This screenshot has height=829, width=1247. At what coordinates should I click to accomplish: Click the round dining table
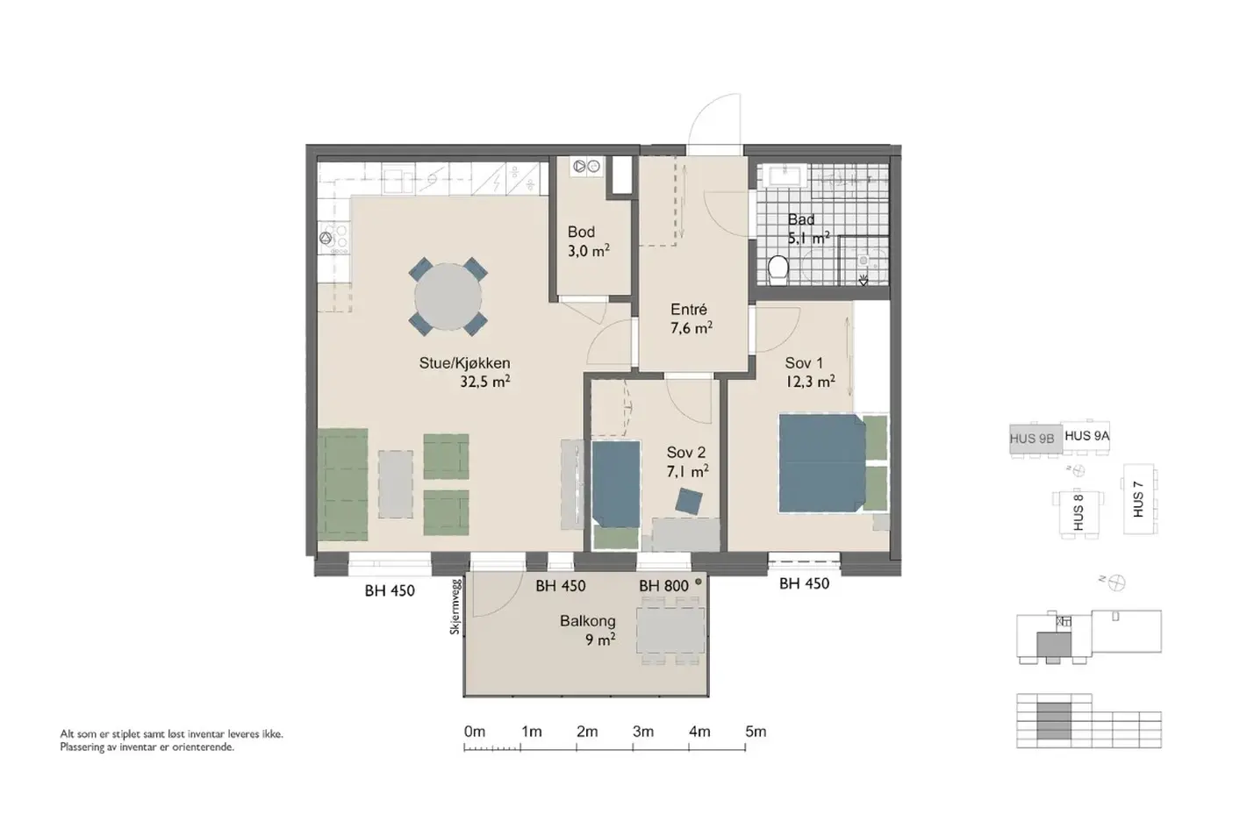(x=448, y=297)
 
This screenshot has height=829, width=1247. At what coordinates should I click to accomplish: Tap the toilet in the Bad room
(x=778, y=270)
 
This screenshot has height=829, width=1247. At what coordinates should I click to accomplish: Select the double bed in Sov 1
(x=822, y=463)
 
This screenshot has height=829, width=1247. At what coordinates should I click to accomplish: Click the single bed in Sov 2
(x=615, y=483)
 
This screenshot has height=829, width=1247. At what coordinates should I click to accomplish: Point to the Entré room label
(x=689, y=310)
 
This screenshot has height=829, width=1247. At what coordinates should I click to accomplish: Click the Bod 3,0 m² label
(x=589, y=241)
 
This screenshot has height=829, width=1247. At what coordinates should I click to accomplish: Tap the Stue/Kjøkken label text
(x=464, y=363)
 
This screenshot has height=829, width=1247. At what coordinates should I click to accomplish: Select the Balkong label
(x=587, y=620)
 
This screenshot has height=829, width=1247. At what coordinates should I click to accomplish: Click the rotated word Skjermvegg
(x=455, y=607)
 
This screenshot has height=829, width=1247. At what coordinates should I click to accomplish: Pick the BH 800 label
(x=663, y=586)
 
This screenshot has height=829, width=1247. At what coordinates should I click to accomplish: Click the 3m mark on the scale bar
(x=633, y=748)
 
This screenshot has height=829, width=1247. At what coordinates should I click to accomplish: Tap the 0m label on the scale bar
(x=474, y=731)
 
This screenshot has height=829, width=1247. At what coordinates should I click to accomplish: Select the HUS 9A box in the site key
(x=1086, y=438)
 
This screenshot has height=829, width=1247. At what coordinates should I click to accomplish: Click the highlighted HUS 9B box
(x=1036, y=440)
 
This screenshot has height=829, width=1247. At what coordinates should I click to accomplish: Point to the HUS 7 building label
(x=1138, y=499)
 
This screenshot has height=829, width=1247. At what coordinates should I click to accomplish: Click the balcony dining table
(x=670, y=631)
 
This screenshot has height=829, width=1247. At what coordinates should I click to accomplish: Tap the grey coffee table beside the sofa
(x=396, y=484)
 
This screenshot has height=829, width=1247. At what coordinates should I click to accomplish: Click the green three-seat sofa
(x=342, y=484)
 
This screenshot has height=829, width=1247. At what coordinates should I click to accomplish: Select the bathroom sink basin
(x=785, y=175)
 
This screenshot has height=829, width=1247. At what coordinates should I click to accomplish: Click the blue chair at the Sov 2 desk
(x=689, y=501)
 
